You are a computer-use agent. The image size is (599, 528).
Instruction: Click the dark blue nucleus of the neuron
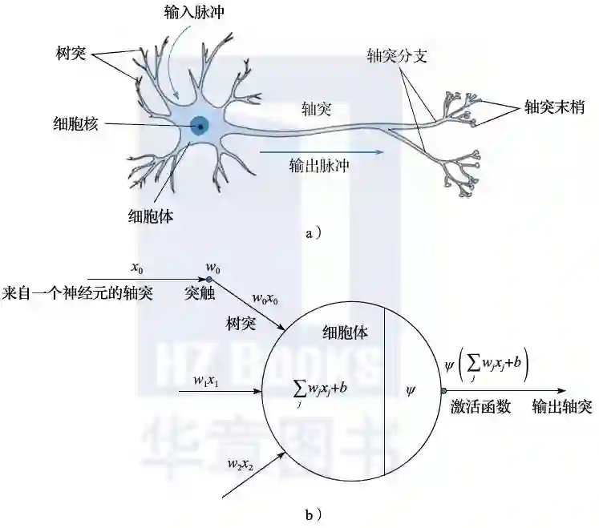tap(199, 125)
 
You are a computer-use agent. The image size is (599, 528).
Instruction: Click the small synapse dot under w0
tap(210, 279)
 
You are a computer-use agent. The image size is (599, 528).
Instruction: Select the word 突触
tap(197, 293)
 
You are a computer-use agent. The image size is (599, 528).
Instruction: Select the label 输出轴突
tap(562, 408)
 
